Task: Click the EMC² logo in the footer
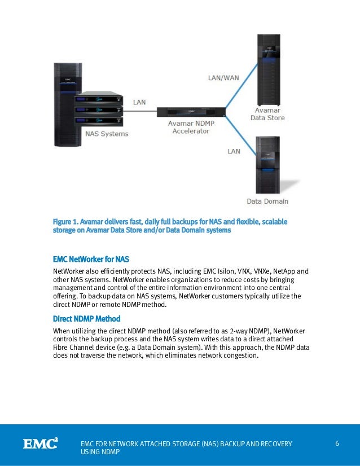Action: point(40,444)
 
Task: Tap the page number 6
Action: point(337,443)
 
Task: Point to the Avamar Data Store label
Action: point(267,115)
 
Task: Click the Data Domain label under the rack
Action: point(267,201)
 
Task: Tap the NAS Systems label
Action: point(107,134)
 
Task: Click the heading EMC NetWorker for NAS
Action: point(91,260)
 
